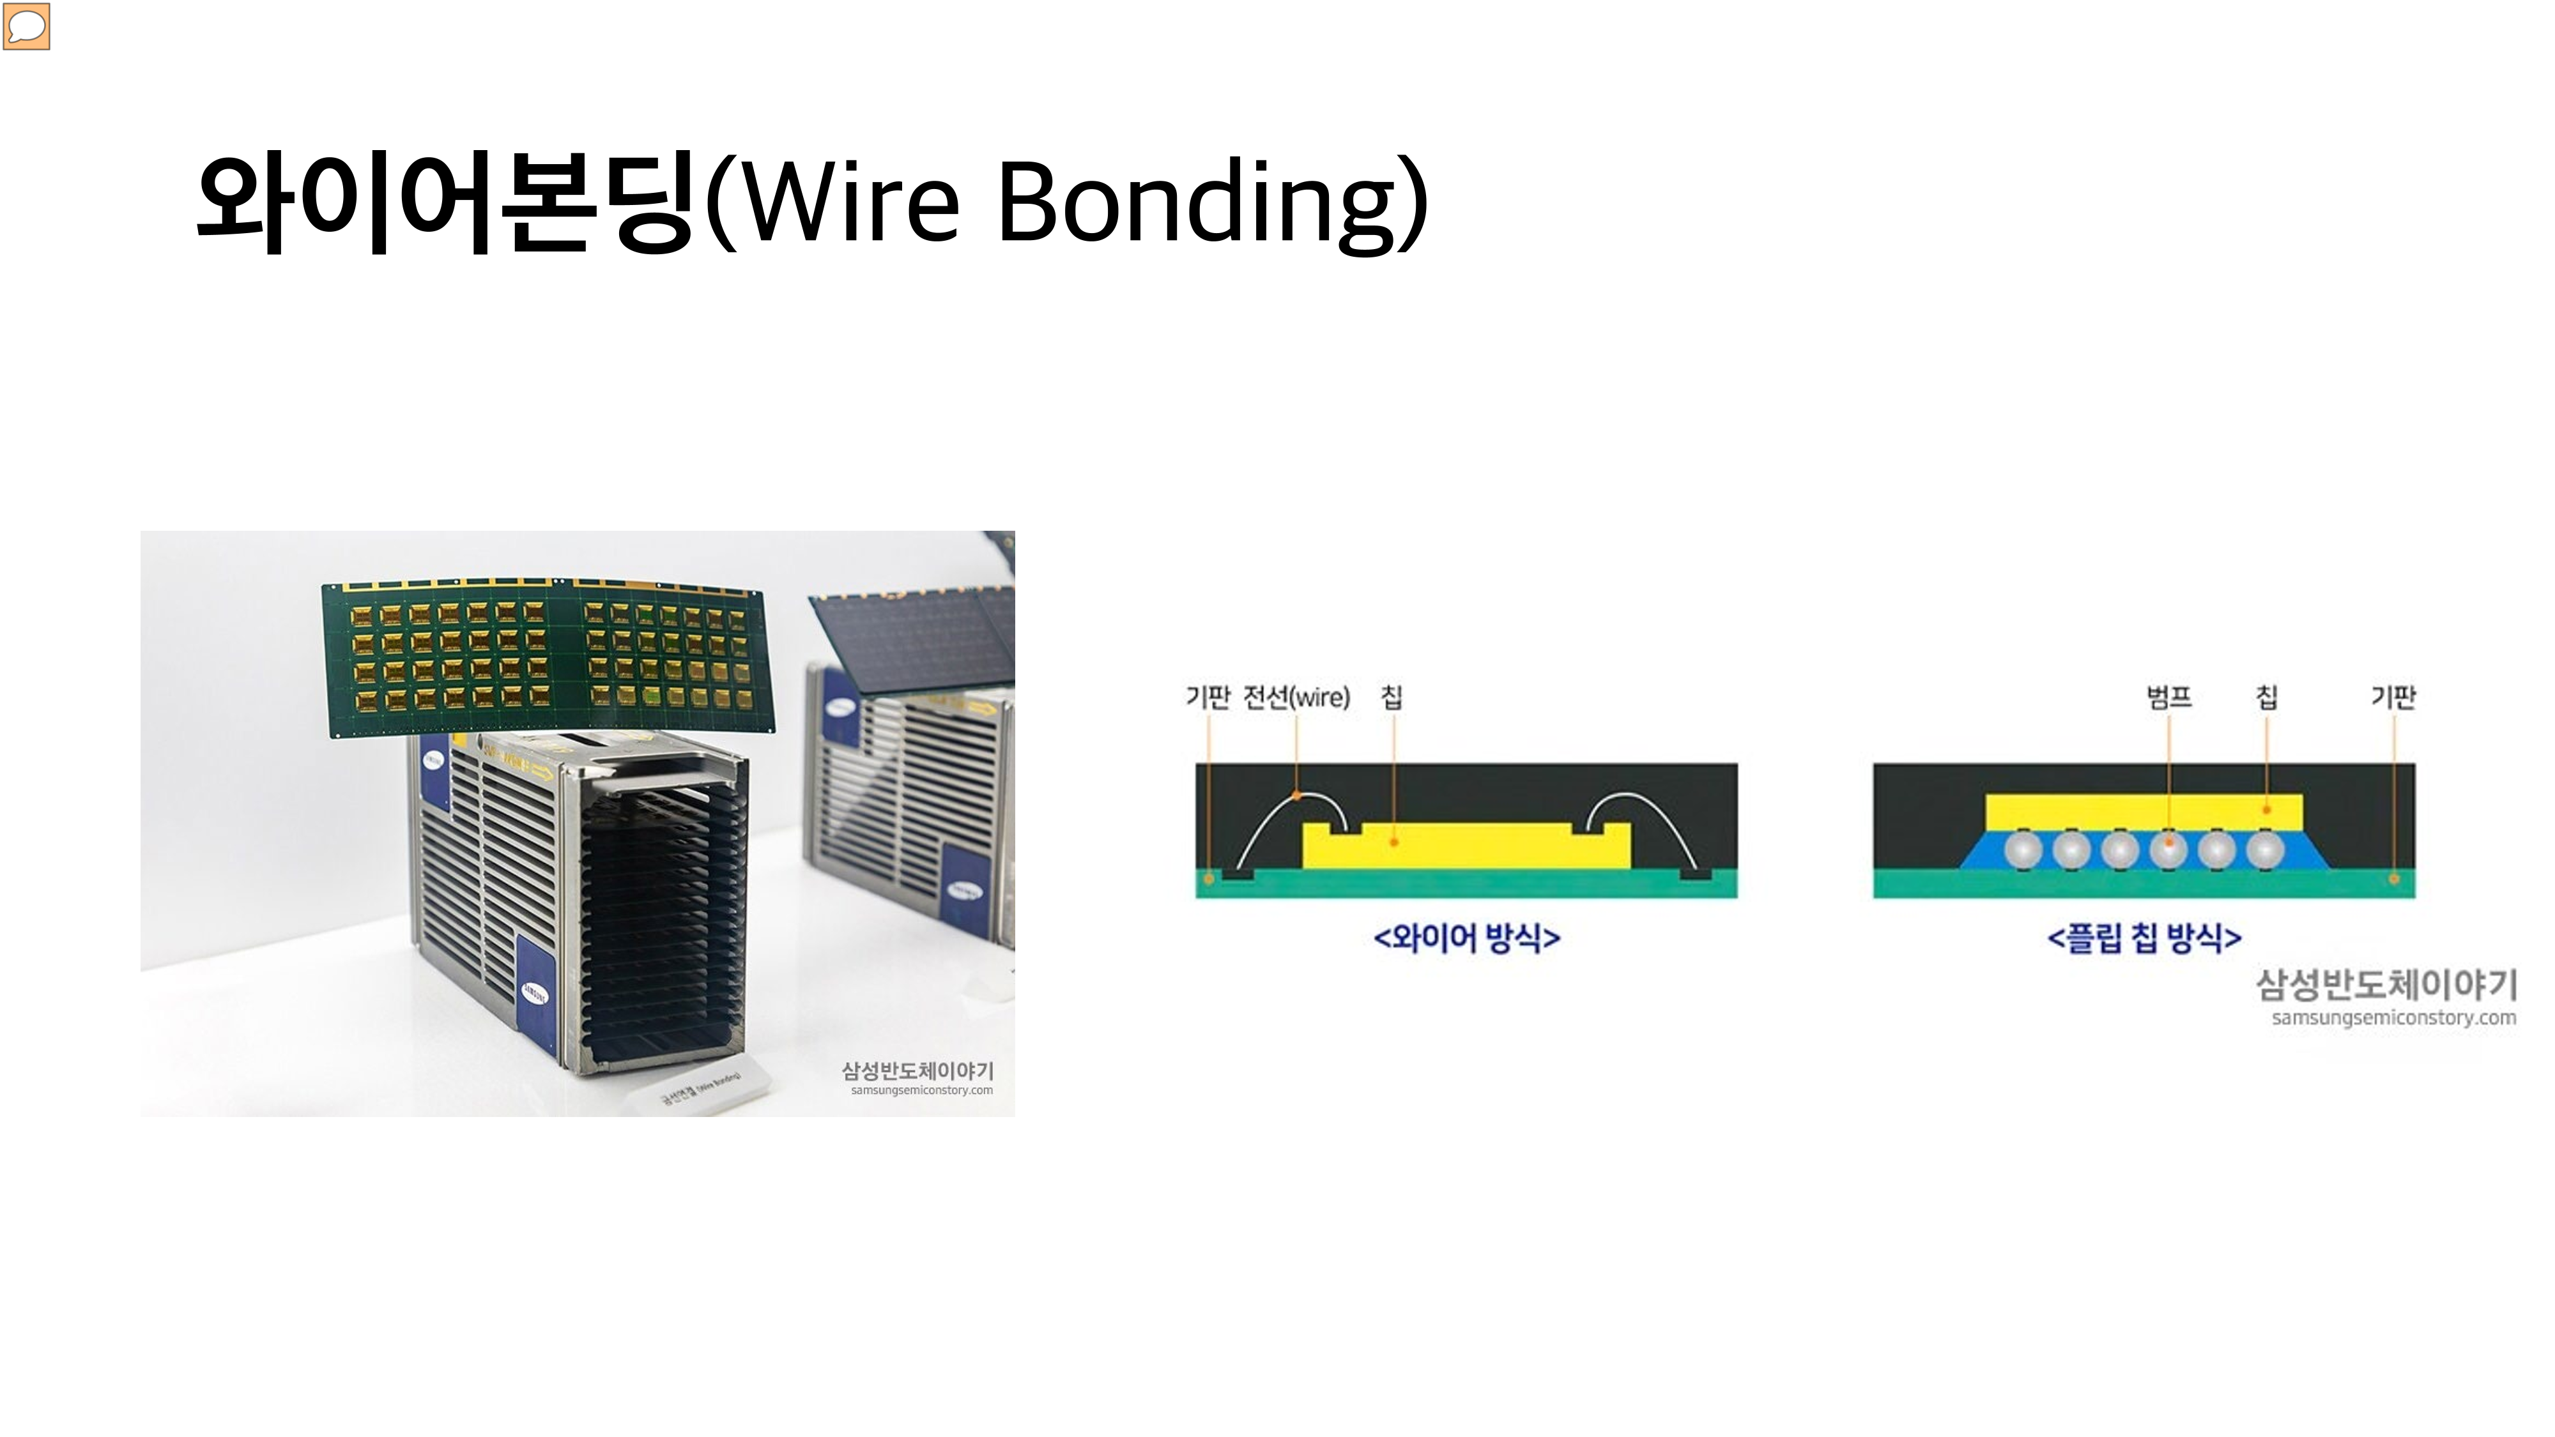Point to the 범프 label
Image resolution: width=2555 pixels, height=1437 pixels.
2168,697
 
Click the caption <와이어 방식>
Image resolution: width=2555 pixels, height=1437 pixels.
1466,937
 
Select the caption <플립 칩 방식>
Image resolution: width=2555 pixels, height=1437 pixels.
2144,937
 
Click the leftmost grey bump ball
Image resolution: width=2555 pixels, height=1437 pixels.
2023,850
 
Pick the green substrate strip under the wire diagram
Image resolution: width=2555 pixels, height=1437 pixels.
1466,886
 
